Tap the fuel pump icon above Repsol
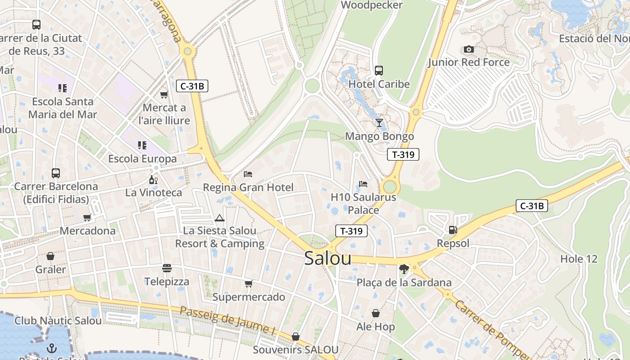(453, 230)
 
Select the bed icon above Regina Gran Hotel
(248, 174)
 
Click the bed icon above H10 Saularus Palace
(363, 184)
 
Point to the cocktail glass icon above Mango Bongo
(379, 123)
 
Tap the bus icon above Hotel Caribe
(379, 70)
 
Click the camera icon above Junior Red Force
(468, 49)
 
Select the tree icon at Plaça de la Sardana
(404, 269)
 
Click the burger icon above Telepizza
(167, 268)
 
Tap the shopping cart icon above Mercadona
(87, 217)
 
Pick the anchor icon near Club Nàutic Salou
(52, 348)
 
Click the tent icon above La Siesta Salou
(220, 218)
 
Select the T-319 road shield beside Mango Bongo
(403, 154)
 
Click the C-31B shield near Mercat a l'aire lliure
(192, 86)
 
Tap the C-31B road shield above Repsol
(531, 206)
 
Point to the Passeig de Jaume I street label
(227, 320)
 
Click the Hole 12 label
(579, 259)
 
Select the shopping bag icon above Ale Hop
(376, 313)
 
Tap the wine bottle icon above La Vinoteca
(153, 180)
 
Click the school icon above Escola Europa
(142, 145)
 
